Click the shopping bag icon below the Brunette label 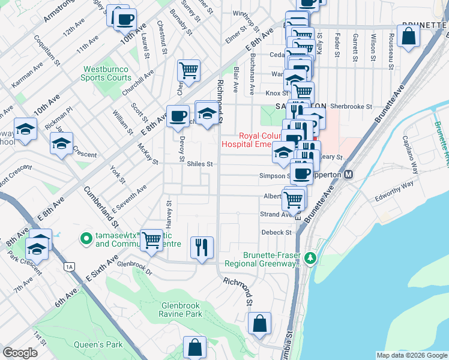tap(408, 36)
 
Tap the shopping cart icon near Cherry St tap(188, 70)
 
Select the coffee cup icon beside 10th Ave tap(125, 19)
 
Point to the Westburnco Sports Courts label tap(107, 73)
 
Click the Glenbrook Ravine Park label tap(181, 309)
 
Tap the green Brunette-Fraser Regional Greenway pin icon tap(310, 259)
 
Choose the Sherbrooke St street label tap(351, 106)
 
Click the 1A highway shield tap(70, 266)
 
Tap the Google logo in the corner tap(20, 353)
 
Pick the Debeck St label tap(276, 232)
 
